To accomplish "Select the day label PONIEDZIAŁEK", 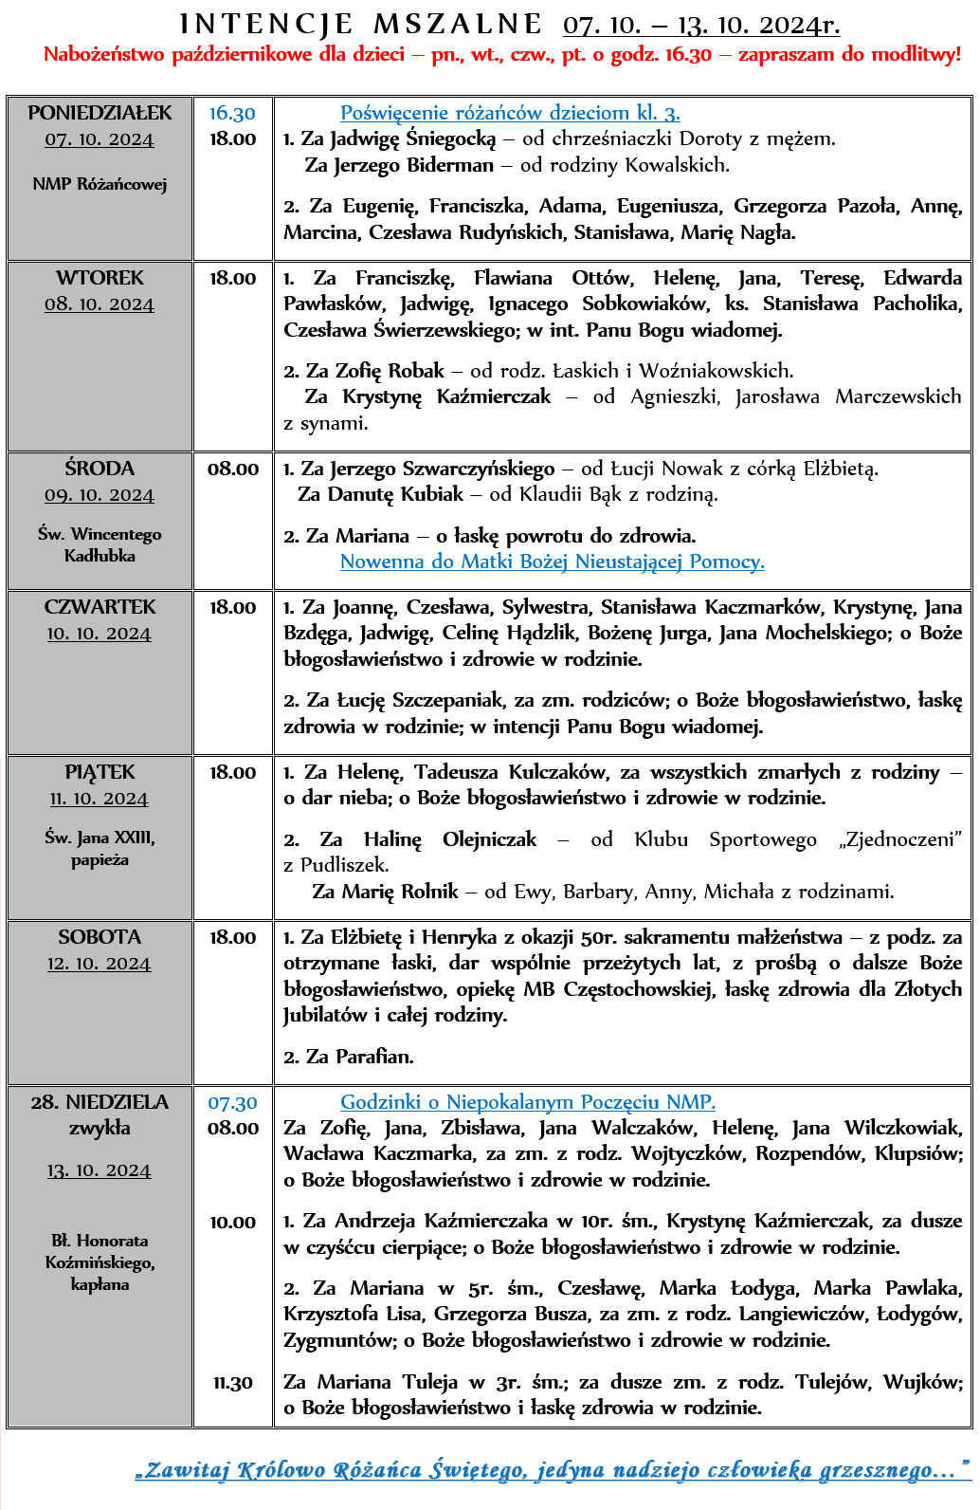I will coord(100,113).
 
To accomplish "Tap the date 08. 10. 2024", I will coord(100,304).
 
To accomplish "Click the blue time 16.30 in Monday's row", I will coord(232,113).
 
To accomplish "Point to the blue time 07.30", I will coord(232,1103).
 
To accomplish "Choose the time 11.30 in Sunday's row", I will coord(232,1382).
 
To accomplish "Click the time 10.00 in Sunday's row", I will coord(232,1222).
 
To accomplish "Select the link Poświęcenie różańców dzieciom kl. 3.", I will coord(510,113).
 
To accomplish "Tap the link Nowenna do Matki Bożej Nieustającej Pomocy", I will coord(552,562).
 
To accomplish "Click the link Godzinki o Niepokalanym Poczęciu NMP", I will coord(528,1102).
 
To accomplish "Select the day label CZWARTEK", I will coord(100,607).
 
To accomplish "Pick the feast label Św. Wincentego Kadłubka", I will coord(100,545).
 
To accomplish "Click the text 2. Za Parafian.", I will coord(349,1056).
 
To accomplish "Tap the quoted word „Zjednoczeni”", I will coord(899,839).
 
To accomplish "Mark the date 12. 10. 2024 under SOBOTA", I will coord(100,964).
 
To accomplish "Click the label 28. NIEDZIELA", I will coord(100,1102).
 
